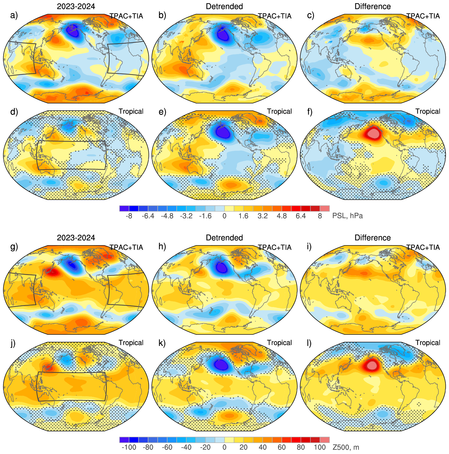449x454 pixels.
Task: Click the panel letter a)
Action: pos(14,15)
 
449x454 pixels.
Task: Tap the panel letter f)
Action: pos(310,112)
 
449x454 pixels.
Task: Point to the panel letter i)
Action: pos(309,247)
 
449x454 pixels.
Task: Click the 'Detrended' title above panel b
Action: pos(224,6)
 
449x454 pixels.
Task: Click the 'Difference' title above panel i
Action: pos(373,238)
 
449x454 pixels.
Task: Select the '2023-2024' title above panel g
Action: pos(76,238)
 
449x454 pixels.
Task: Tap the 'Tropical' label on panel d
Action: pos(131,111)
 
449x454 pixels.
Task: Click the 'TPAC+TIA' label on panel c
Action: pos(423,16)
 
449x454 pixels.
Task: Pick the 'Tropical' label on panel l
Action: pos(428,343)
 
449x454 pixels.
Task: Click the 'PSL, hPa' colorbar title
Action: pos(347,216)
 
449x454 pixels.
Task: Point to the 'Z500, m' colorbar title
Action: pos(346,447)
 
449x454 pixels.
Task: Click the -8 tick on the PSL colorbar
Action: pos(129,216)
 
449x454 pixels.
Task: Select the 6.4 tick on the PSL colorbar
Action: pos(301,216)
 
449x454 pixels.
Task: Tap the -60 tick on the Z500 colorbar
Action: pos(167,447)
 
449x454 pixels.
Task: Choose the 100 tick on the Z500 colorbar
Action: pos(320,447)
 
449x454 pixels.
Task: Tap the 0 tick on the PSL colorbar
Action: pos(224,216)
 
